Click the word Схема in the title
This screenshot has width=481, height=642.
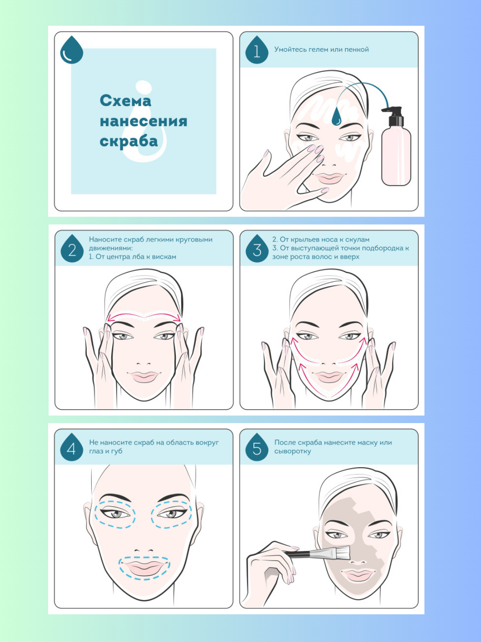tap(125, 101)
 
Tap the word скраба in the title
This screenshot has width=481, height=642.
tap(129, 141)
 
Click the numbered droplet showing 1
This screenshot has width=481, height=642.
tap(257, 50)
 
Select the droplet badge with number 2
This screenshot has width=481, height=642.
tap(72, 249)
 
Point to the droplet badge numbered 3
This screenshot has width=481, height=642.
tap(257, 249)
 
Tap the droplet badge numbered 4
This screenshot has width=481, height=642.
tap(72, 447)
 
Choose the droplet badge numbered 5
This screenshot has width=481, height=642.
tap(257, 447)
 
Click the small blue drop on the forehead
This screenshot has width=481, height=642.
tap(336, 116)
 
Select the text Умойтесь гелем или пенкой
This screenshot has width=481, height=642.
tap(321, 49)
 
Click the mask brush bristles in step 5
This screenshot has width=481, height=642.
tap(342, 552)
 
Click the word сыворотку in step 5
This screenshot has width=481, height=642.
tap(292, 451)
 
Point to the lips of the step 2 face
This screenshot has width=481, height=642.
tap(143, 376)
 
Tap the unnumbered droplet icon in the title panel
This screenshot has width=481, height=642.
tap(72, 50)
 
